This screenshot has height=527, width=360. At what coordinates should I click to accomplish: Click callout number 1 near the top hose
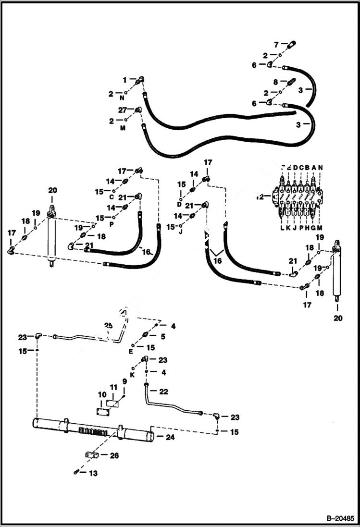124,79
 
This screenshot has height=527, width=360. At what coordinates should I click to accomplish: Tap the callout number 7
276,45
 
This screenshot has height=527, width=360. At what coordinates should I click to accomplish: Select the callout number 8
276,82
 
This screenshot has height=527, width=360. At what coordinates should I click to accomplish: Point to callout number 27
123,110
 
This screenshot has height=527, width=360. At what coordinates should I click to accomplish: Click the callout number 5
162,337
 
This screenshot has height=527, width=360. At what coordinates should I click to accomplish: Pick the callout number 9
124,381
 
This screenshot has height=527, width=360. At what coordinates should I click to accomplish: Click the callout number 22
164,392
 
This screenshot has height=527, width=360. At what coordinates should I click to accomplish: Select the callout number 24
170,437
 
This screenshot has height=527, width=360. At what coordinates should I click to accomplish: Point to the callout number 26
114,456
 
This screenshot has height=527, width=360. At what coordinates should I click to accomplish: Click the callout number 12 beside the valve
260,196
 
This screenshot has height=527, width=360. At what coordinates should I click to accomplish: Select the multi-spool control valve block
297,196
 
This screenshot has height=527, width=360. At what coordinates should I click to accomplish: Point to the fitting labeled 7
290,45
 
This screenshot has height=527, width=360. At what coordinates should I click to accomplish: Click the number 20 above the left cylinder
52,190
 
